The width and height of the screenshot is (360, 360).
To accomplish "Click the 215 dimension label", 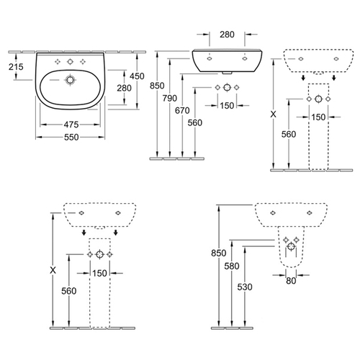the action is point(16,67).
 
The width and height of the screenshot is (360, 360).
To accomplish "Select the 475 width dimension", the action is point(71,125).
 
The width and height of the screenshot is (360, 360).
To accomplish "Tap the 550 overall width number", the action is point(71,138).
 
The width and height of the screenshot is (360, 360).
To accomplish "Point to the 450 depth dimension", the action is point(137,76).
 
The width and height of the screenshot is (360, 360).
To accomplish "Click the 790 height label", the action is point(170,98).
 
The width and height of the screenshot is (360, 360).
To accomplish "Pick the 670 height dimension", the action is point(182,111).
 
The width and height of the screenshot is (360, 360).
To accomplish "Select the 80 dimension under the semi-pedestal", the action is point(291,281).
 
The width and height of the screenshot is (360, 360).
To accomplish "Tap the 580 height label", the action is point(232,266).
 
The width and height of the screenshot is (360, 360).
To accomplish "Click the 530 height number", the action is point(245,287).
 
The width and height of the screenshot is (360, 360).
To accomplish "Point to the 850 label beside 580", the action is point(219,253).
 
